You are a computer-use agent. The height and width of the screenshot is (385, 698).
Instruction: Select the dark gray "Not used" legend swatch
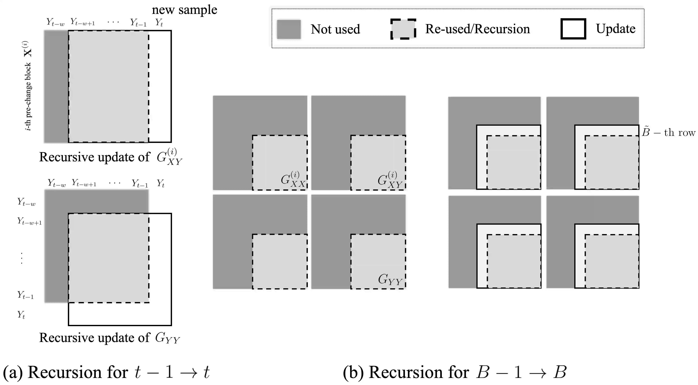pos(289,29)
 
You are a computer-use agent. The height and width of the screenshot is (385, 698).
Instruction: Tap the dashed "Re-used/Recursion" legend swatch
pos(403,29)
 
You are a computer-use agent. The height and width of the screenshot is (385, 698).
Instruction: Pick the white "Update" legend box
pos(573,29)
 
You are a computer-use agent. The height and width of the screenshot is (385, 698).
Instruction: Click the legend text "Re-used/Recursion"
pos(477,29)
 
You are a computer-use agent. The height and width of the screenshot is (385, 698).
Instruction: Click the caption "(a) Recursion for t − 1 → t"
pos(106,372)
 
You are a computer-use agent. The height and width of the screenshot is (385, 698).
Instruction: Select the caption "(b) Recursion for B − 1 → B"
pos(455,372)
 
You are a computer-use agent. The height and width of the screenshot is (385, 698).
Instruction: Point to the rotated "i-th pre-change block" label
pos(28,86)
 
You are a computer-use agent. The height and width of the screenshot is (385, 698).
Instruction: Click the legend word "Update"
pos(615,29)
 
